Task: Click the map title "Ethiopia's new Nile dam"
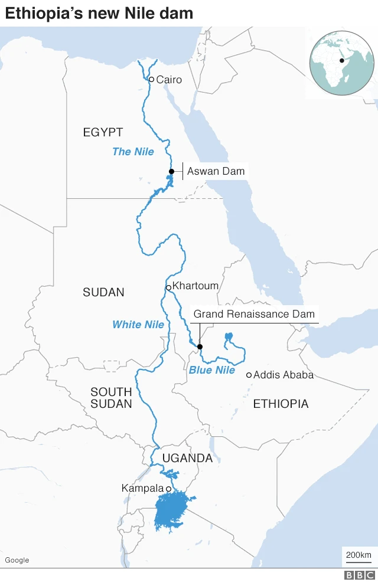tap(99, 13)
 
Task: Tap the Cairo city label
tap(169, 80)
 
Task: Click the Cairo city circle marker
tap(151, 79)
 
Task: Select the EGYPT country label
tap(103, 132)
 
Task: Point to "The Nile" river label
tap(133, 152)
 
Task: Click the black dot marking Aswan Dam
tap(171, 172)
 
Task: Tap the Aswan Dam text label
tap(216, 172)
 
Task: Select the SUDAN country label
tap(103, 292)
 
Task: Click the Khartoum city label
tap(195, 286)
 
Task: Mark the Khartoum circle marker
tap(168, 287)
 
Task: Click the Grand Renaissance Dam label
tap(255, 314)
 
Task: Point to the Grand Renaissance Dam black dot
tap(200, 346)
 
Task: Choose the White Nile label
tap(138, 325)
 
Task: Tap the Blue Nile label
tap(212, 371)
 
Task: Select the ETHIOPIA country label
tap(281, 404)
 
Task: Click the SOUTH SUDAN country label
tap(111, 398)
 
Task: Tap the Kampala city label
tap(142, 488)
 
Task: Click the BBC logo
tap(360, 575)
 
